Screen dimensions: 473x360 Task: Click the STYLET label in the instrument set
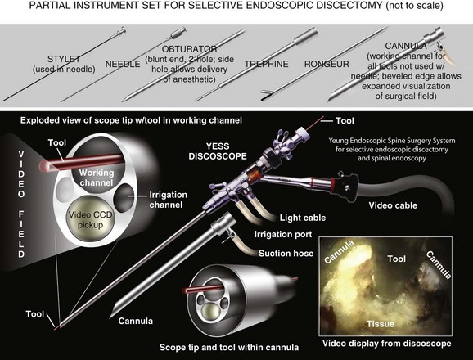64,59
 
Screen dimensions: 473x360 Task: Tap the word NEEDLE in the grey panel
123,64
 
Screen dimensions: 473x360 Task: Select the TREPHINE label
266,64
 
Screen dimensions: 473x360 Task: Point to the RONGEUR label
327,64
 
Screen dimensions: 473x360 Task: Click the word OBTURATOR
189,49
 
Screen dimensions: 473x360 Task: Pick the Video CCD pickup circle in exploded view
90,220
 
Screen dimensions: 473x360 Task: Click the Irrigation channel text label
168,200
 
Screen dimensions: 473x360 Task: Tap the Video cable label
393,205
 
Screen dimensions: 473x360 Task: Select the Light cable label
303,218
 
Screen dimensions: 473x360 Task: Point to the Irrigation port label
283,234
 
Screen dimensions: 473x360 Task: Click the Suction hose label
286,254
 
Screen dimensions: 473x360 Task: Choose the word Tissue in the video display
381,324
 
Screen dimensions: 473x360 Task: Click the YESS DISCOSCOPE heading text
218,151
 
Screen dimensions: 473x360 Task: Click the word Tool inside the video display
396,259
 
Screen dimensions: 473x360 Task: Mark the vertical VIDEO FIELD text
21,204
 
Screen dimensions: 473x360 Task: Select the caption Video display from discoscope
387,344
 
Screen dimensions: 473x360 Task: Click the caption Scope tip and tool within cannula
229,348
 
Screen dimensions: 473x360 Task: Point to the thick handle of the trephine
305,36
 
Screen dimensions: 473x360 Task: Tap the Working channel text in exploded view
97,178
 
